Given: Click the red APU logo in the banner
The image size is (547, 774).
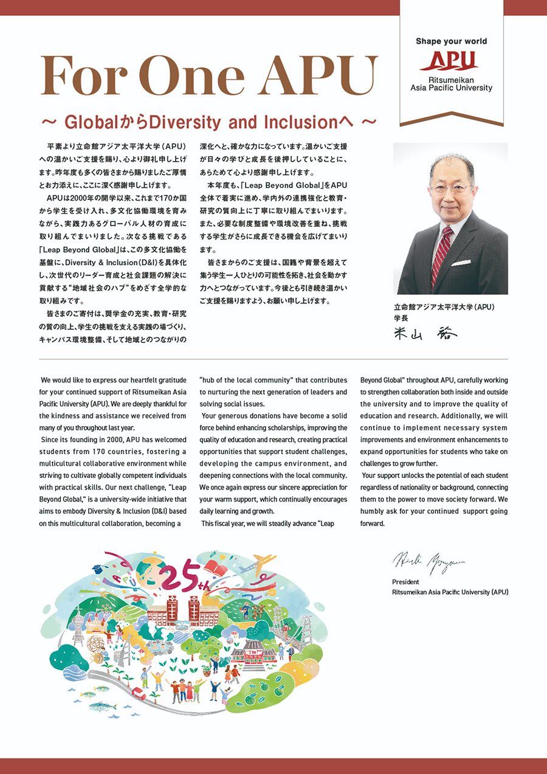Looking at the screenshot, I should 451,61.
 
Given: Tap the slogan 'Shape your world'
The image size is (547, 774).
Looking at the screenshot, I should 451,41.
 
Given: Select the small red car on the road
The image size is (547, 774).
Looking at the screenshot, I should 138,694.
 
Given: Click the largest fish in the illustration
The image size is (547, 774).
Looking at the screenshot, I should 103,707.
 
